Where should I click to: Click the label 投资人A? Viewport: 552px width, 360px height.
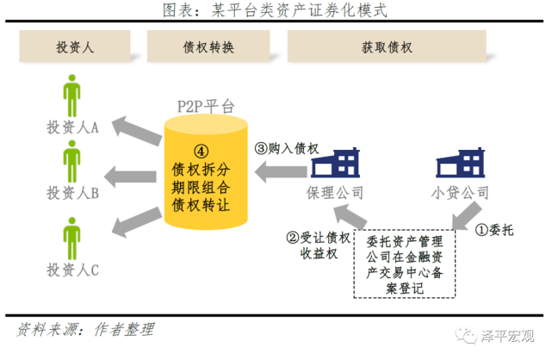coord(73,127)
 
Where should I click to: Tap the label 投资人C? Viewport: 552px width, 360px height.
coord(73,270)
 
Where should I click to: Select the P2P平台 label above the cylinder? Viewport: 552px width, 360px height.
coord(204,106)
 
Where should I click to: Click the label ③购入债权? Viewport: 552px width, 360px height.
coord(287,147)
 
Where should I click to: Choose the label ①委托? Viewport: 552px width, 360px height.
coord(498,230)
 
